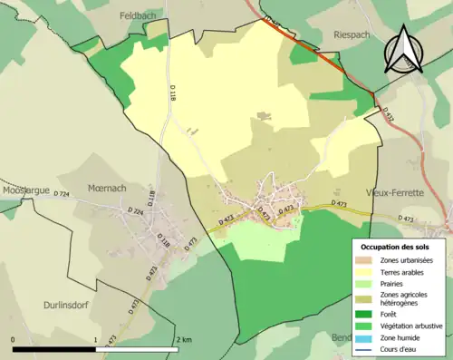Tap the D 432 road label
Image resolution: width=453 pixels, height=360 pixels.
[x=390, y=112]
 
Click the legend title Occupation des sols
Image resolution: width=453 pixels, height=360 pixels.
[x=397, y=246]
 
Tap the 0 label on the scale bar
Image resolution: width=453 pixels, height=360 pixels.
[x=13, y=340]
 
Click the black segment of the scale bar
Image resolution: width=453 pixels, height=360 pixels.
[x=54, y=348]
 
